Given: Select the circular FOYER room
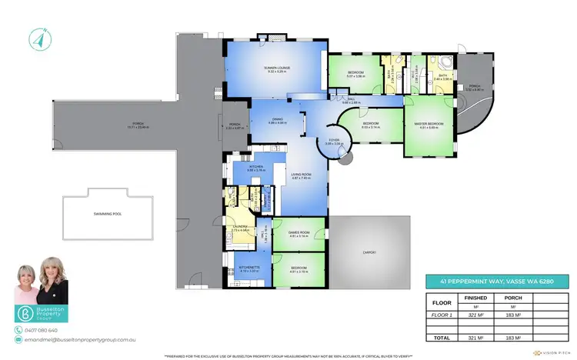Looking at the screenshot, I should pos(335,142).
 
